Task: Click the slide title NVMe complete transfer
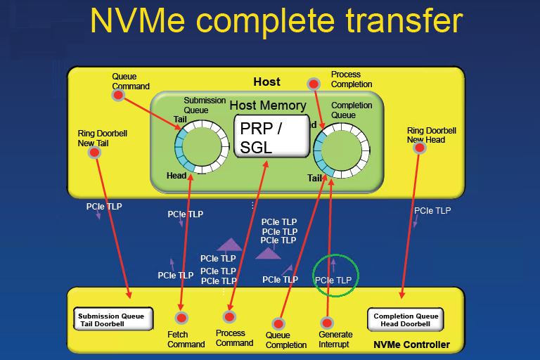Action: coord(276,20)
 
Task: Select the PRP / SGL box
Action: coord(271,136)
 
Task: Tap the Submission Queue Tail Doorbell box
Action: coord(111,319)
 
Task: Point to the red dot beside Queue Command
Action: coord(119,95)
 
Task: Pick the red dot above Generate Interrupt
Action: coord(326,322)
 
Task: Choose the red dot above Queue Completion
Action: coord(278,323)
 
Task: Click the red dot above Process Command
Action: coord(230,316)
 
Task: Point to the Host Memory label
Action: coord(268,105)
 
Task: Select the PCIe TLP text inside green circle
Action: coord(333,280)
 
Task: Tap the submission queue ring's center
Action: coord(202,146)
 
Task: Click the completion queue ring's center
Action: coord(342,146)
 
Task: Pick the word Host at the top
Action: coord(266,82)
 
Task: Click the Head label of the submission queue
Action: coord(176,176)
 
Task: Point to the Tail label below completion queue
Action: coord(314,178)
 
